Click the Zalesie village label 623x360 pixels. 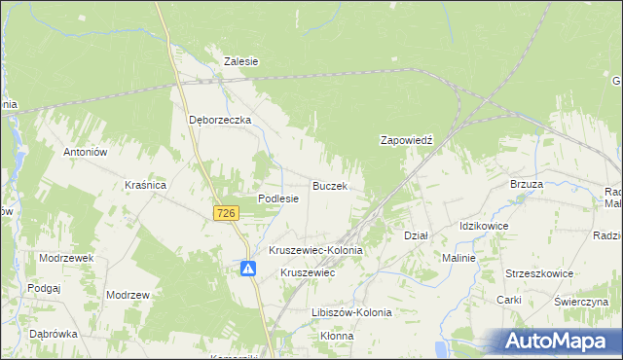(x=240, y=60)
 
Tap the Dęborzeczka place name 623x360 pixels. (x=220, y=120)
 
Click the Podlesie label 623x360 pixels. (x=277, y=198)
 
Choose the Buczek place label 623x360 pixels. (x=330, y=184)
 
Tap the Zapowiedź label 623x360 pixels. (x=405, y=140)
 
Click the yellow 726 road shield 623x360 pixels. (x=226, y=213)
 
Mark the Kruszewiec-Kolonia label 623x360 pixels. (x=315, y=250)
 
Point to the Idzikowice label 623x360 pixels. (x=484, y=226)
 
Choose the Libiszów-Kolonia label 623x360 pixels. (x=352, y=312)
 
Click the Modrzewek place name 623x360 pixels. (x=66, y=258)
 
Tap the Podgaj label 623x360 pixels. (x=45, y=288)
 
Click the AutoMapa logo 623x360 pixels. (x=563, y=342)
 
